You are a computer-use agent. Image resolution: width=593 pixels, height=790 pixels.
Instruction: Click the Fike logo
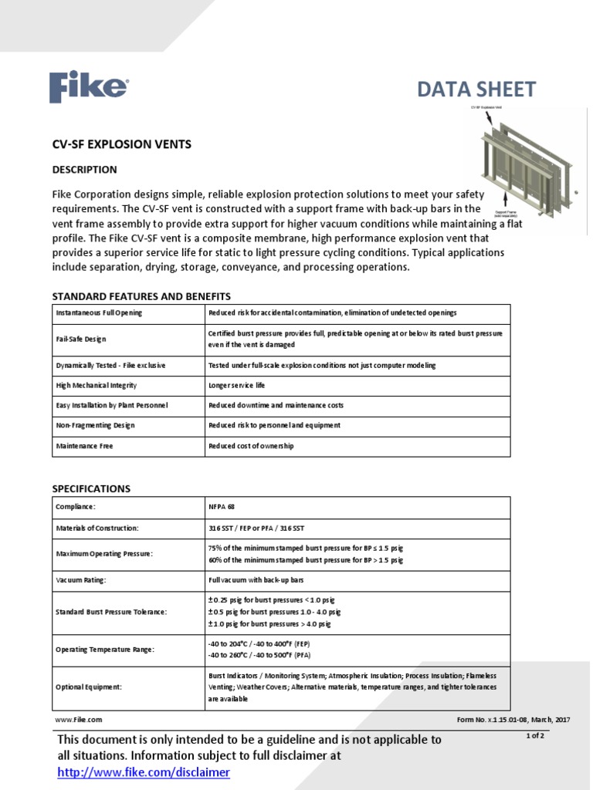point(89,86)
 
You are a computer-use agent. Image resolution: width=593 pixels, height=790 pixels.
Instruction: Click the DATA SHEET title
point(476,89)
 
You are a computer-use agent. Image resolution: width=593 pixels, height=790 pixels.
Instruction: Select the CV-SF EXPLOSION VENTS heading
point(121,144)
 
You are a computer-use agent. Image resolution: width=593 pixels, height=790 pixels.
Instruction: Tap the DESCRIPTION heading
point(84,170)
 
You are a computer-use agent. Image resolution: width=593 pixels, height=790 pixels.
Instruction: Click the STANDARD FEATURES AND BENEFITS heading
point(141,296)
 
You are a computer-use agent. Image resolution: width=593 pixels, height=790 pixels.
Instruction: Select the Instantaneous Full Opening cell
point(99,313)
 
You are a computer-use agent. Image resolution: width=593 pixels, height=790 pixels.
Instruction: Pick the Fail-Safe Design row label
point(81,339)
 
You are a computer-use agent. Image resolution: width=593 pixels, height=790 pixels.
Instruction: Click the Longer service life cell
point(236,385)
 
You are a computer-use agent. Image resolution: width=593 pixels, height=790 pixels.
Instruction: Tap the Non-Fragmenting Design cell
point(96,425)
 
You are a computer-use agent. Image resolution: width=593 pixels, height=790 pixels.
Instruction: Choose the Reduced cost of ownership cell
point(251,446)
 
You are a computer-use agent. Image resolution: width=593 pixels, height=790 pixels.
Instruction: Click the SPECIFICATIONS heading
point(91,488)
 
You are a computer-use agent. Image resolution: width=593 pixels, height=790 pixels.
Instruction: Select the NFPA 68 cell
point(221,507)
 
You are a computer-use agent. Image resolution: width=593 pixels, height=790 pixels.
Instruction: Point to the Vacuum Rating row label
point(80,581)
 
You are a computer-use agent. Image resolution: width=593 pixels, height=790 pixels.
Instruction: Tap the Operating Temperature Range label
point(105,650)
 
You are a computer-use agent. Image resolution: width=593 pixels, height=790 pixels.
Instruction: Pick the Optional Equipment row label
point(88,687)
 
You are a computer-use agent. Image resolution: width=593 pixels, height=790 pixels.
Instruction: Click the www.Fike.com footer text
point(78,719)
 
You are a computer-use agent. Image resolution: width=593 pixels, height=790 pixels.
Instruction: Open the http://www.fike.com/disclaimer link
point(144,772)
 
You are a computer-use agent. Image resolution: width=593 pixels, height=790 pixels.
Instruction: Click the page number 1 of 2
point(535,735)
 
